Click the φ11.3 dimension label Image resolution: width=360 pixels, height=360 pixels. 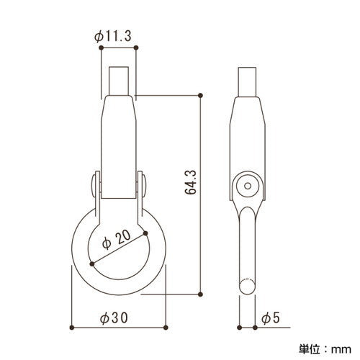click(113, 37)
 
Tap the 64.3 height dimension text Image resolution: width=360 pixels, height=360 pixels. click(191, 182)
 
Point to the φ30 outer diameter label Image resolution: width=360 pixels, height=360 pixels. click(114, 318)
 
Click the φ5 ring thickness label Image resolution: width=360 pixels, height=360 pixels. click(271, 318)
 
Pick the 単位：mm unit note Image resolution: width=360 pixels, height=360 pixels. click(325, 349)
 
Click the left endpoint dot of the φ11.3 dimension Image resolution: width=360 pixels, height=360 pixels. click(101, 48)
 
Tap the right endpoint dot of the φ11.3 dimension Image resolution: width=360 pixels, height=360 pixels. click(136, 48)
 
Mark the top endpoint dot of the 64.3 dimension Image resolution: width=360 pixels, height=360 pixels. click(201, 96)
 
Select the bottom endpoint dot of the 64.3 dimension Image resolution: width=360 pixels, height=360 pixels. click(201, 294)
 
